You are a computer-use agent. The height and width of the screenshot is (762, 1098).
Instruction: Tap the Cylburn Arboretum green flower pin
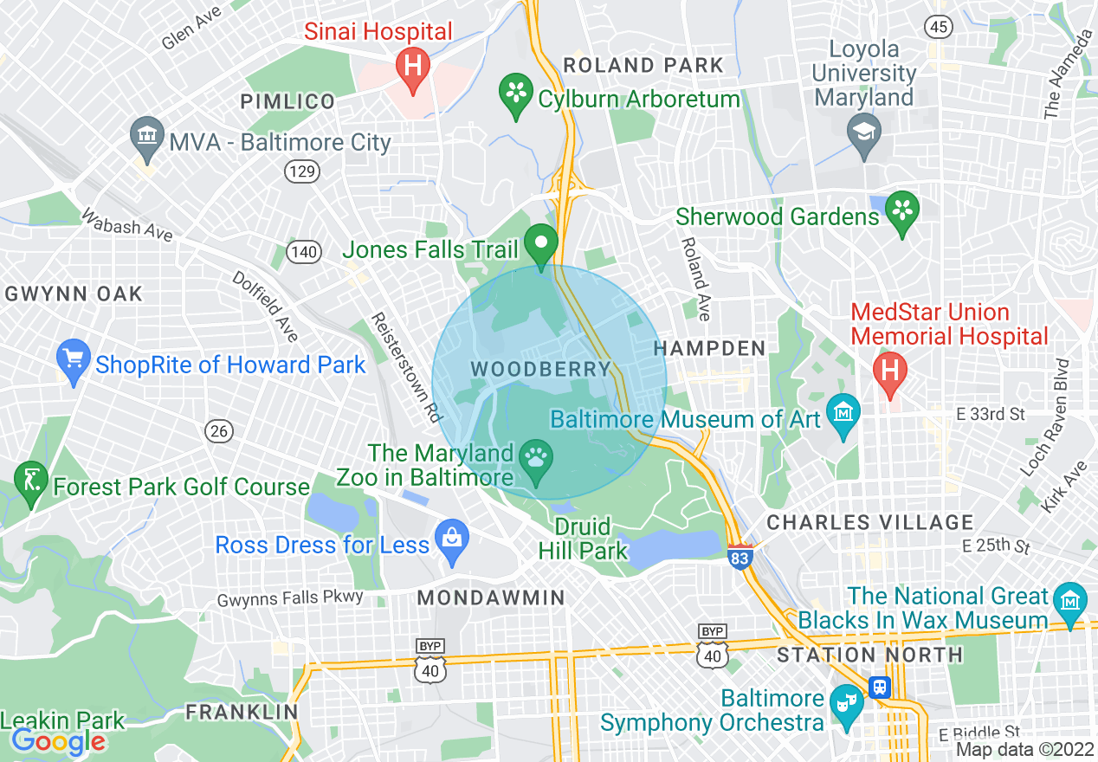click(517, 91)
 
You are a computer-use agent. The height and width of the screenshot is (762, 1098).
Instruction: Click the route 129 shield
click(301, 171)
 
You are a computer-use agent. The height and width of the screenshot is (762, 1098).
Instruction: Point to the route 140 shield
click(306, 252)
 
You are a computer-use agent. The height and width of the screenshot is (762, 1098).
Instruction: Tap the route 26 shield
click(220, 430)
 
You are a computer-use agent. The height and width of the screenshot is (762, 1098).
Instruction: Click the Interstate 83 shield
click(739, 557)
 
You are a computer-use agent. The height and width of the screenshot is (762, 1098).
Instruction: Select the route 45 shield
click(937, 26)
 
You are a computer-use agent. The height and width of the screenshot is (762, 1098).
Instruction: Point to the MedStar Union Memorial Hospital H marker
click(889, 371)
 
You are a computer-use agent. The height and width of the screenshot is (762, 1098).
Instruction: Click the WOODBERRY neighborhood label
click(541, 370)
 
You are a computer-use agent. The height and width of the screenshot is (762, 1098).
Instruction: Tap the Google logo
click(58, 741)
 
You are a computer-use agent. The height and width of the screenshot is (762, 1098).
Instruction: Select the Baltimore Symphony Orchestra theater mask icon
click(843, 702)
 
